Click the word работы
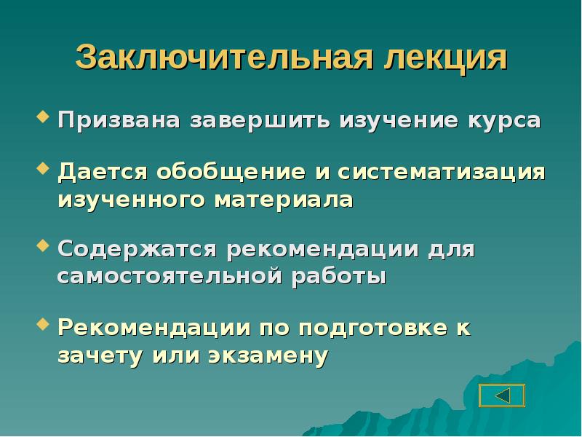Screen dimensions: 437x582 [339, 277]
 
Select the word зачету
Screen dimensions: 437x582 [100, 355]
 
